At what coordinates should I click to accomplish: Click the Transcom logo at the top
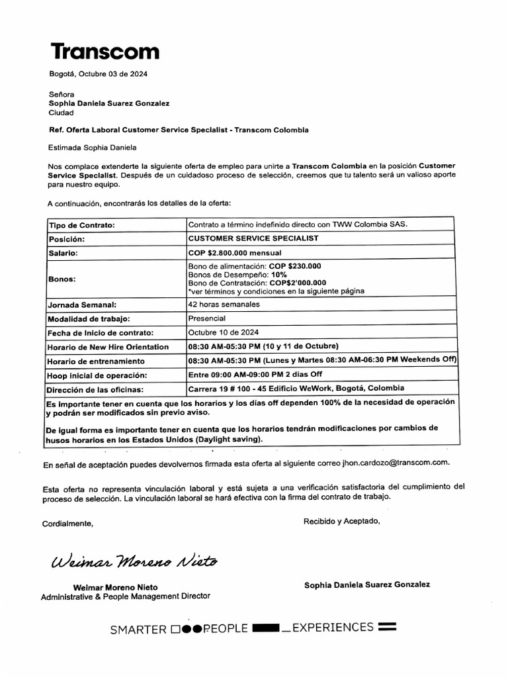tap(105, 51)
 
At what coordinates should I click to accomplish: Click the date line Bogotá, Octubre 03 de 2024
tap(98, 73)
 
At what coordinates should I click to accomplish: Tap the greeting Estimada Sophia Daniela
tap(92, 147)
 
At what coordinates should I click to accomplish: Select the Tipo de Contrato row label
tap(81, 225)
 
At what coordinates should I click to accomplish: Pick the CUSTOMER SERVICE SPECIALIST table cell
tap(253, 238)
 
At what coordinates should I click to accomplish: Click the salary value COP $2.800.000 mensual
tap(235, 253)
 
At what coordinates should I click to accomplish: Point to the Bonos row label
tap(62, 279)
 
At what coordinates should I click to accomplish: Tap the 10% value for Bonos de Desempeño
tap(279, 274)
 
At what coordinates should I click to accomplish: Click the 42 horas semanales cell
tap(224, 305)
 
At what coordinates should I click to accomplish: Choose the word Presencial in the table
tap(207, 318)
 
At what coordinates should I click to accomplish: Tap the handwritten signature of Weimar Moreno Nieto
tap(133, 562)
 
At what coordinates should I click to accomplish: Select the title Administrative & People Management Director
tap(126, 596)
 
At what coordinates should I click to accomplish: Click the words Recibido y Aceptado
tap(342, 521)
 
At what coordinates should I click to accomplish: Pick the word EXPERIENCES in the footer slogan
tap(333, 627)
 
